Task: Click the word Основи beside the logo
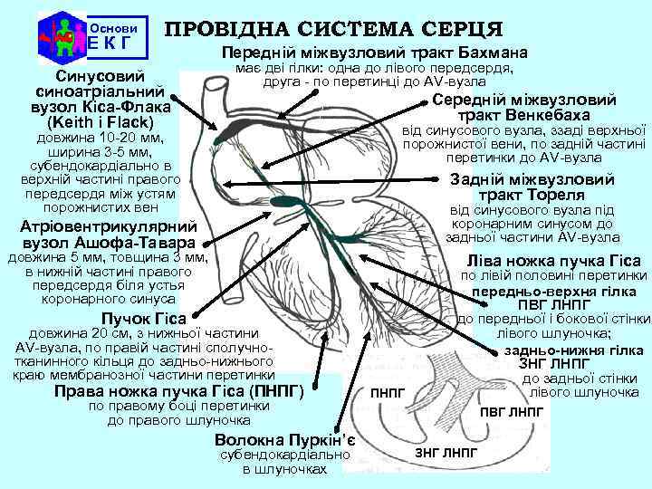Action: [x=110, y=27]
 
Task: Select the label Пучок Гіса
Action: [x=143, y=318]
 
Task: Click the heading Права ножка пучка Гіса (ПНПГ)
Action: [x=178, y=391]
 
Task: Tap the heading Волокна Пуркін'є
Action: [x=284, y=440]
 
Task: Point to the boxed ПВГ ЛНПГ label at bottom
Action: [x=512, y=411]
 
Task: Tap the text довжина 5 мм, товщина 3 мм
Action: [x=107, y=258]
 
